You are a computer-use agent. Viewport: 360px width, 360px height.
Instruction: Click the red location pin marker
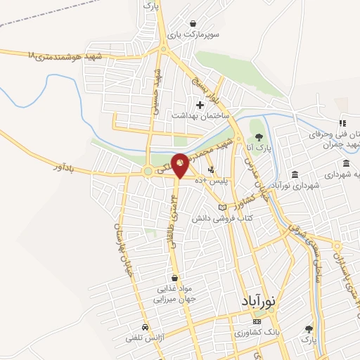(x=180, y=163)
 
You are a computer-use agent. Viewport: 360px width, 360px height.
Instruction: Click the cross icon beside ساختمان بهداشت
(x=200, y=105)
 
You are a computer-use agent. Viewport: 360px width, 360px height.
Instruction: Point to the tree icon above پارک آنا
(x=259, y=137)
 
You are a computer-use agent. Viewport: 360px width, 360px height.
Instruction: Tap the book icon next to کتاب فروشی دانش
(x=223, y=208)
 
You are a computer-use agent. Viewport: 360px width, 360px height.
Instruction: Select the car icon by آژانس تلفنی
(x=144, y=328)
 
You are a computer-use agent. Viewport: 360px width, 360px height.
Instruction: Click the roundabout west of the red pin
(x=148, y=172)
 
